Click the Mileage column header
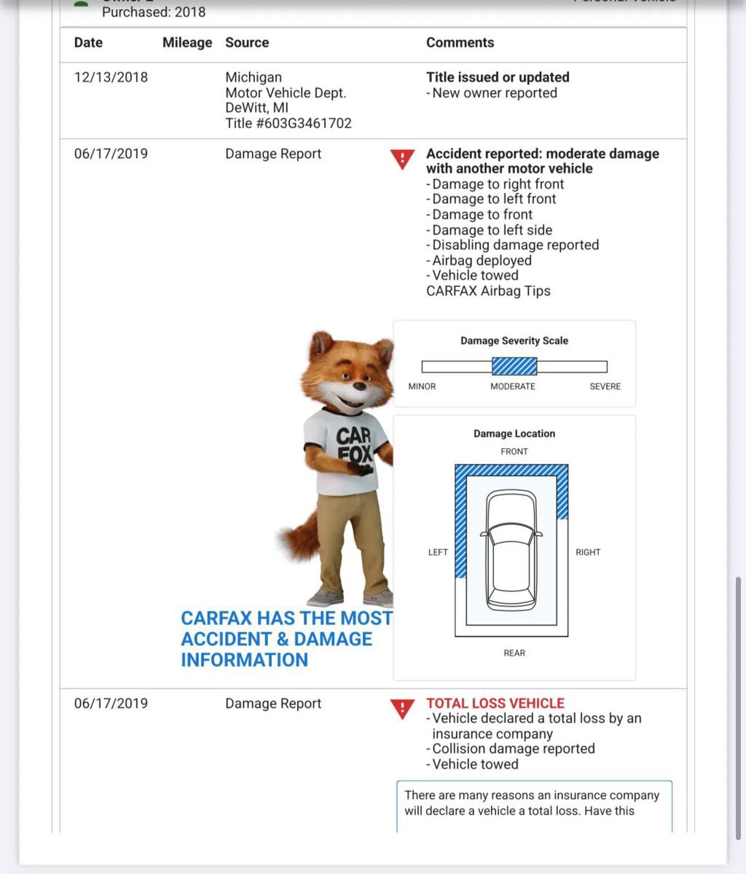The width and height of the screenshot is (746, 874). coord(187,43)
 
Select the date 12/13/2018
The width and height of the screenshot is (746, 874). coord(111,77)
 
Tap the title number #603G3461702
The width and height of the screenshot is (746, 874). coord(288,123)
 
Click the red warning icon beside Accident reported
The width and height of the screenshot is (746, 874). coord(402,159)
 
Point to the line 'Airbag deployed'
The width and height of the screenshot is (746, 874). coord(482,260)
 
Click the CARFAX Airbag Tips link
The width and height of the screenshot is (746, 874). coord(488,291)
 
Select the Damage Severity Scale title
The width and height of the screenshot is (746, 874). coord(514,340)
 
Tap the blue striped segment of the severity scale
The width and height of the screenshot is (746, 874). coord(514,366)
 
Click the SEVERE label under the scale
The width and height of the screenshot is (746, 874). coord(605,386)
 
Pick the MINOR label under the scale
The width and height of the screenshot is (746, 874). coord(422,386)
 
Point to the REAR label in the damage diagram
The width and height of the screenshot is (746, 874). coord(514,653)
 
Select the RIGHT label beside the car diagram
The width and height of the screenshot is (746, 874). coord(588,552)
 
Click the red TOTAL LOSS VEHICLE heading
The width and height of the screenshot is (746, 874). coord(495,703)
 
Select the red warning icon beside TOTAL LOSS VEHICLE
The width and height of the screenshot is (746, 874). coord(402,708)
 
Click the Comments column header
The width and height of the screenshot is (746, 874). coord(460,43)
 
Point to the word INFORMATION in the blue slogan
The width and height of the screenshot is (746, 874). coord(245,660)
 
